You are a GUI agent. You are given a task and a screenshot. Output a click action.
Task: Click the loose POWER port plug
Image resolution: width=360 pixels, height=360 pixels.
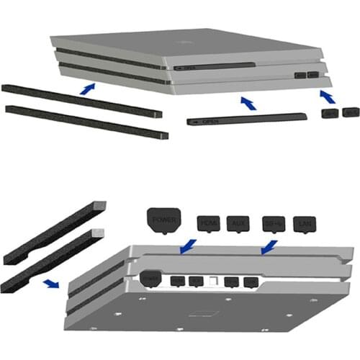(x=163, y=221)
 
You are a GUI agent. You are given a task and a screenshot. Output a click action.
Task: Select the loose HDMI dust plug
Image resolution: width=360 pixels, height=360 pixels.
(x=208, y=224)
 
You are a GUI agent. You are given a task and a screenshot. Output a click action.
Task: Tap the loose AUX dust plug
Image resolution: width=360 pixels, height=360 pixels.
(x=238, y=224)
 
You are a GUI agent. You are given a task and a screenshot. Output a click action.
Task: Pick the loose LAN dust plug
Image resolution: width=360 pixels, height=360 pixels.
(x=306, y=225)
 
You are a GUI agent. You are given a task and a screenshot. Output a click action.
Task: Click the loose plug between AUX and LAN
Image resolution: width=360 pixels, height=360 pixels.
(x=274, y=225)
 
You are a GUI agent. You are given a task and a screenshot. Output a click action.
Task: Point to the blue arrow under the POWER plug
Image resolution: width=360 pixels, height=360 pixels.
(x=186, y=247)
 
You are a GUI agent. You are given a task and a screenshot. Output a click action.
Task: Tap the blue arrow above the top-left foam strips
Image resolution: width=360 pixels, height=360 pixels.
(x=87, y=89)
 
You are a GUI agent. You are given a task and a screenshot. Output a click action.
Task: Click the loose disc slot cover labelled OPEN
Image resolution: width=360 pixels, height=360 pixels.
(x=222, y=121)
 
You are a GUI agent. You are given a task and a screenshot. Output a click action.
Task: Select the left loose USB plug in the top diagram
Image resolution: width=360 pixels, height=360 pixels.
(x=330, y=113)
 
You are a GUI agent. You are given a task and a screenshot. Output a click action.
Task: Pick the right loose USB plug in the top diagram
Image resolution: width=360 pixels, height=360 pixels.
(x=350, y=112)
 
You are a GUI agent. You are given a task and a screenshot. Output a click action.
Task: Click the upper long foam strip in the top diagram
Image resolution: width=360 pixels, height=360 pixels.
(x=79, y=100)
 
